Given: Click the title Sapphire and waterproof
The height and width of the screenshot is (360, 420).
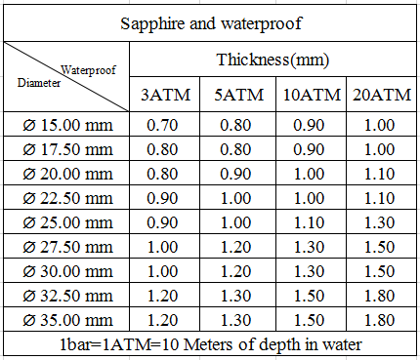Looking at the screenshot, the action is point(211,23).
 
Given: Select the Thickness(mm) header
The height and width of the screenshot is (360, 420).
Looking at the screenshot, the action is point(273,60).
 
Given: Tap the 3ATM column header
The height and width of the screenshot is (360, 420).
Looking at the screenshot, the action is point(165,95).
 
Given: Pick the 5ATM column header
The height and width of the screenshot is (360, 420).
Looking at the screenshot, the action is point(238,95).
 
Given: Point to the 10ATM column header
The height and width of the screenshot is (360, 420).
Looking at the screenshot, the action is point(312,95).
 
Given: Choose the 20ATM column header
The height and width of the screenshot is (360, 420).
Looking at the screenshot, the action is point(382,95).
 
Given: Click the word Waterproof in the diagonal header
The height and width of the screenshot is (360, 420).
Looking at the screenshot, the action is point(88,70).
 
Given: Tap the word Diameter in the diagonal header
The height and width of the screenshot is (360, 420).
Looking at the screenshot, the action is point(39,83).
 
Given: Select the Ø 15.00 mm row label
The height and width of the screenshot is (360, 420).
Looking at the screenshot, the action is point(67,125).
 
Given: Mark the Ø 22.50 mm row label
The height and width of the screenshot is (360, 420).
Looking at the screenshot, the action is point(67,198).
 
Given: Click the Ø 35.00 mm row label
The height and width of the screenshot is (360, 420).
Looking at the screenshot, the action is point(67,320).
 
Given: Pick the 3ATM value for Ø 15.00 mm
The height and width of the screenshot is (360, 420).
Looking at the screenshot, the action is point(162,125).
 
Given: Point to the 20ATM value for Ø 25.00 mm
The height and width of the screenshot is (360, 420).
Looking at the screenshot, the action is point(379,222).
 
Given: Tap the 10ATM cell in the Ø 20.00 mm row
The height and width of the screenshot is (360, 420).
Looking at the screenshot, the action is point(309,174).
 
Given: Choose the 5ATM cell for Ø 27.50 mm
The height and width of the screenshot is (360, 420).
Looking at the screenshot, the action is point(235,247).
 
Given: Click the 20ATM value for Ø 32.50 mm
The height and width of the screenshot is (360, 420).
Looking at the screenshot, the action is point(379,296).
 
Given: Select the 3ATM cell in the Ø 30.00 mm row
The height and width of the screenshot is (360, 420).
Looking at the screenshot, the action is point(162,271).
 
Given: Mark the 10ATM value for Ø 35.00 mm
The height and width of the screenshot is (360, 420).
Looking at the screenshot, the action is point(309,320).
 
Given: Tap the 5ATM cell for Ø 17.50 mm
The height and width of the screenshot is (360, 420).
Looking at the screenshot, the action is point(235,149).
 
